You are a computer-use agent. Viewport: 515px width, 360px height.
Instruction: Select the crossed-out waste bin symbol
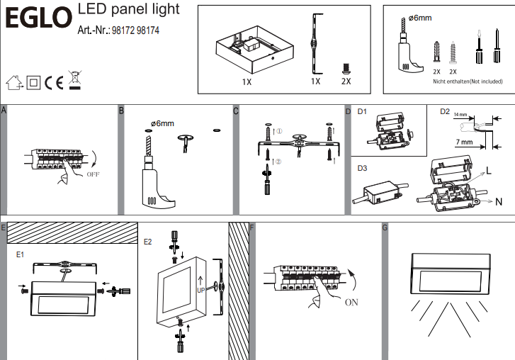(74, 81)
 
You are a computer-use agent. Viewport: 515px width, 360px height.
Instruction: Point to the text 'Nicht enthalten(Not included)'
(468, 81)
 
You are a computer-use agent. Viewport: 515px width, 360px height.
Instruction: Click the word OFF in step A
(94, 173)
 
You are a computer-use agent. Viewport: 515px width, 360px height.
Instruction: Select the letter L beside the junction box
(488, 171)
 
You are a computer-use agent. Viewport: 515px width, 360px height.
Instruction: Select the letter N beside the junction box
(499, 202)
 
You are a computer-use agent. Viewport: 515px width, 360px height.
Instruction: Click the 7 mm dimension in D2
(465, 143)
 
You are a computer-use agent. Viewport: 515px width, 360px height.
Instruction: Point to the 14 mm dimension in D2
(460, 114)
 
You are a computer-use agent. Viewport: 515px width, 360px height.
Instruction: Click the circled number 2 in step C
(278, 161)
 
